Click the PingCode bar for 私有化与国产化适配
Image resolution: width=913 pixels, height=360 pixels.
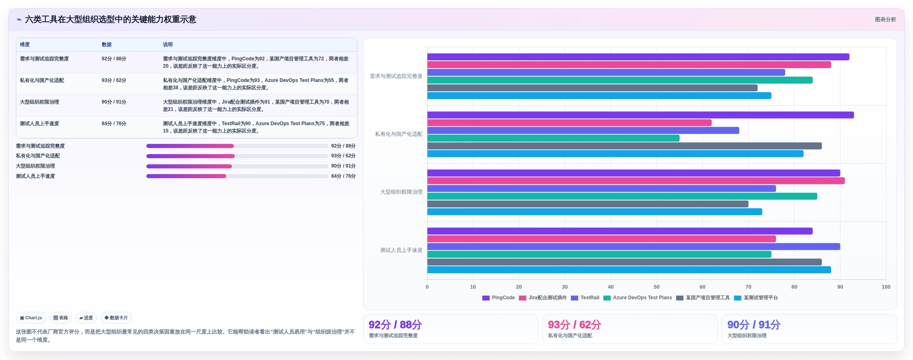[x=640, y=115]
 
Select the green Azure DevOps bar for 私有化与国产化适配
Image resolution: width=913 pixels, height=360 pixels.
[x=553, y=138]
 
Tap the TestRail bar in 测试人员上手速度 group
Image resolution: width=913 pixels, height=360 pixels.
[x=633, y=247]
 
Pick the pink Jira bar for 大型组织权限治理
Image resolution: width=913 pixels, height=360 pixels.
[x=636, y=181]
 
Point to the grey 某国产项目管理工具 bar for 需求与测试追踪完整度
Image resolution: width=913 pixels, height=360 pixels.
[x=592, y=88]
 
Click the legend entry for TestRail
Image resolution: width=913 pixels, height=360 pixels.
[x=585, y=298]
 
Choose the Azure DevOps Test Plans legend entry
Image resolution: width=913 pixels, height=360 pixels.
[x=637, y=298]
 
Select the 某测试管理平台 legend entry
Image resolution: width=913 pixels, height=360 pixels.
[x=756, y=298]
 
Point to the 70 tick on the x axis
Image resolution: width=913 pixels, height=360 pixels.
[x=748, y=287]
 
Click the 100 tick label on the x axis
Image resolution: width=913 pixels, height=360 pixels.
[x=886, y=287]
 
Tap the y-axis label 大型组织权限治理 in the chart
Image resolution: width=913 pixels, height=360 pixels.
[x=401, y=192]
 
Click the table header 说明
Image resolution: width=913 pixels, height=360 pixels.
[x=168, y=44]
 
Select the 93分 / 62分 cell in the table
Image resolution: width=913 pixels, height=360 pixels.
[x=114, y=80]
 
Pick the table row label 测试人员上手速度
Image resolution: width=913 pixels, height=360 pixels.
[x=40, y=124]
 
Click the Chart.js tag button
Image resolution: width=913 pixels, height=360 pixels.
[x=31, y=318]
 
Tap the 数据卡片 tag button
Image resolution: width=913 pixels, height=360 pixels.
[x=116, y=318]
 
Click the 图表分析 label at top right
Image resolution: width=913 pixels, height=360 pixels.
[x=885, y=20]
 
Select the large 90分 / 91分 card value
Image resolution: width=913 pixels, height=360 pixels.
[x=754, y=325]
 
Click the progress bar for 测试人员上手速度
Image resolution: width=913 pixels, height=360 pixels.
[x=237, y=176]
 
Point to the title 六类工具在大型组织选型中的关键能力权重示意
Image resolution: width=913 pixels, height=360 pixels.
[x=111, y=20]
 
